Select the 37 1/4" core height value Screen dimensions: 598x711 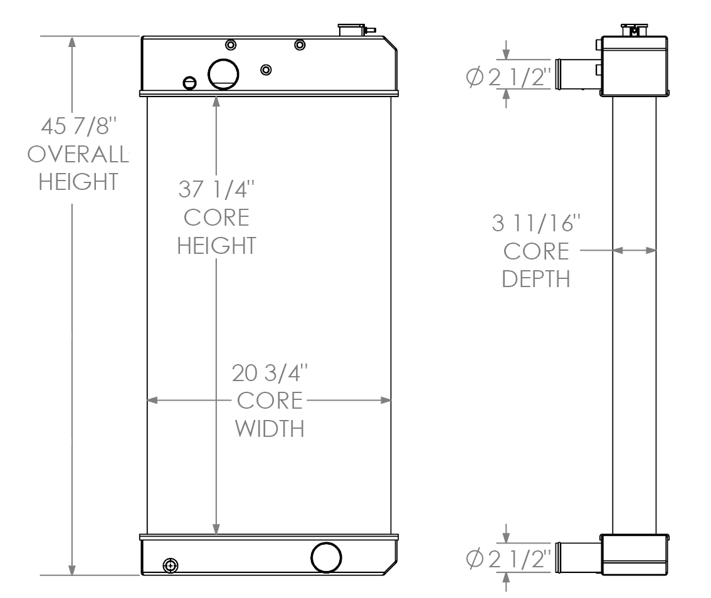click(216, 189)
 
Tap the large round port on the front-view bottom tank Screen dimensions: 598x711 click(327, 557)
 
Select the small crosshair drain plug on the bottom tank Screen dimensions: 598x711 click(168, 565)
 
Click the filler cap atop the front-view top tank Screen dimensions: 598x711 click(351, 30)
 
